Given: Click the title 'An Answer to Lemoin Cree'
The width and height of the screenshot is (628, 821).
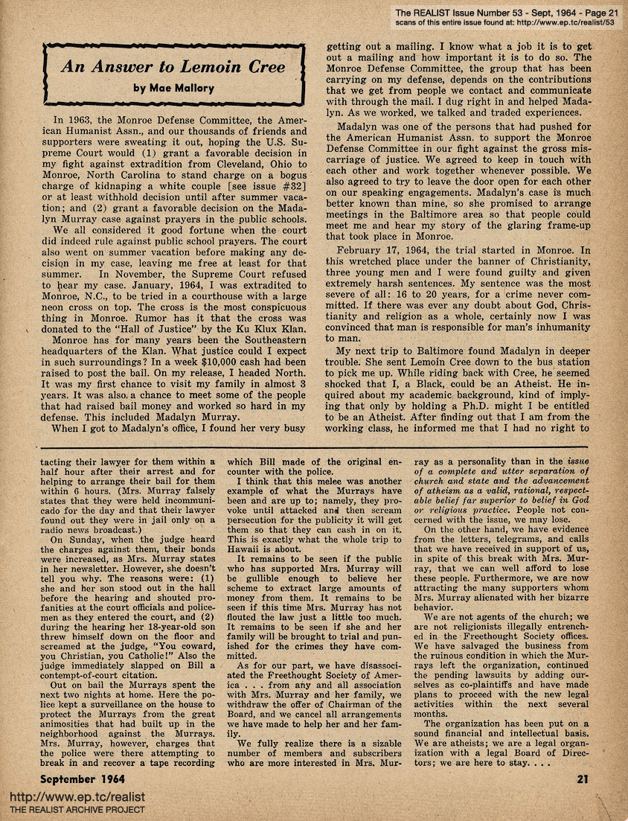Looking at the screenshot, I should (x=173, y=66).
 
